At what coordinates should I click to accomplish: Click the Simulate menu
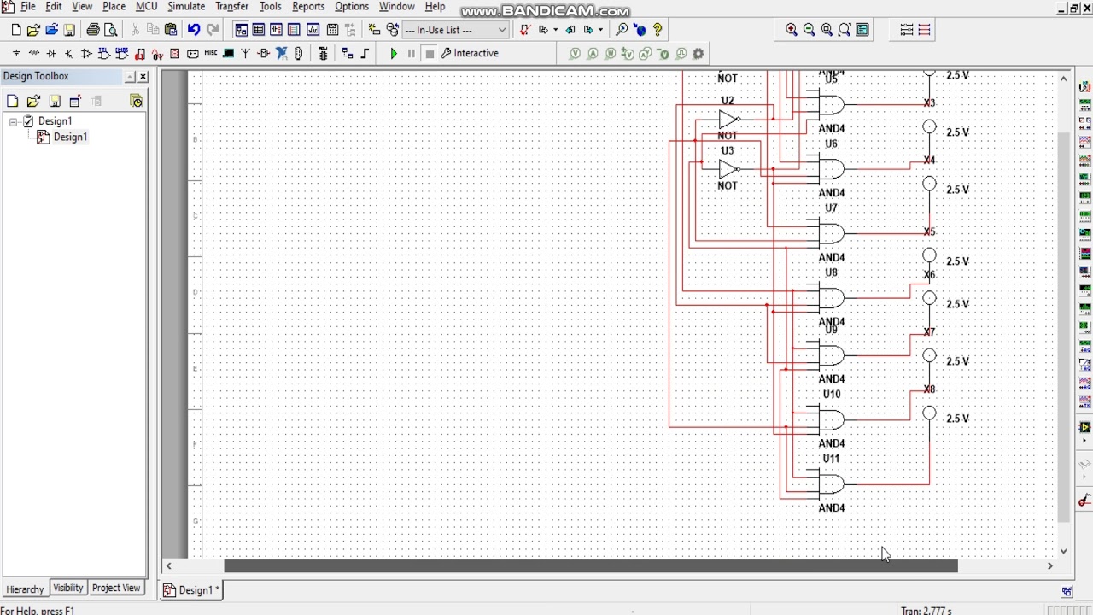pyautogui.click(x=186, y=7)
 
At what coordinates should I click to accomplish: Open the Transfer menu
pyautogui.click(x=231, y=7)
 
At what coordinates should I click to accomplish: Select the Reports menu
pyautogui.click(x=308, y=7)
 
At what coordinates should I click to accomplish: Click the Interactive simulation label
pyautogui.click(x=476, y=53)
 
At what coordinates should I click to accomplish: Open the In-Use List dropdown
pyautogui.click(x=501, y=30)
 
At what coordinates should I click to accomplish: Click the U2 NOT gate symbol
pyautogui.click(x=728, y=119)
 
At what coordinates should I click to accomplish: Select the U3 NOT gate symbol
pyautogui.click(x=728, y=169)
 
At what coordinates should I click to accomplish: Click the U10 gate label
pyautogui.click(x=832, y=395)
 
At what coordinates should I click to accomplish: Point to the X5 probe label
pyautogui.click(x=929, y=232)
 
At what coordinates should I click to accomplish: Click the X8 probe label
pyautogui.click(x=929, y=389)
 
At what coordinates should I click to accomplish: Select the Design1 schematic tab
pyautogui.click(x=194, y=590)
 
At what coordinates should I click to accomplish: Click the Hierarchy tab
pyautogui.click(x=25, y=589)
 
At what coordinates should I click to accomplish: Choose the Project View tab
pyautogui.click(x=116, y=589)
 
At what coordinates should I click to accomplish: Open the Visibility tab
pyautogui.click(x=68, y=589)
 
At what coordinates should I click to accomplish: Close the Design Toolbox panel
pyautogui.click(x=143, y=77)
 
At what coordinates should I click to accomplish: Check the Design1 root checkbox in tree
pyautogui.click(x=28, y=121)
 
